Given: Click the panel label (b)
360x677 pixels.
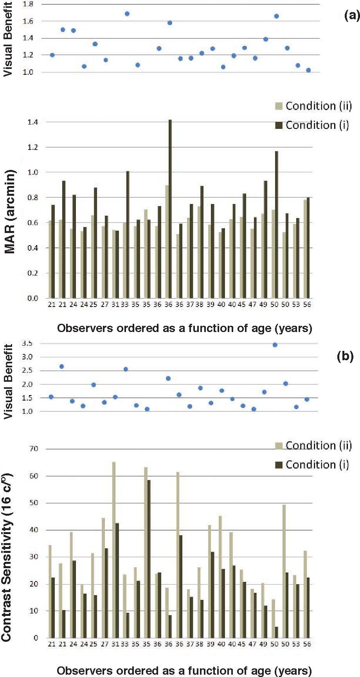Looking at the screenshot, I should coord(345,356).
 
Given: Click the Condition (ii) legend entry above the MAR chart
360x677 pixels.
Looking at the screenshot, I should coord(313,106).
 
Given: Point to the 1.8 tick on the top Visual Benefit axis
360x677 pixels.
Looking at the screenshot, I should coord(28,4).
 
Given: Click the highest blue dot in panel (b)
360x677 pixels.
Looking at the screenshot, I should coord(275,345).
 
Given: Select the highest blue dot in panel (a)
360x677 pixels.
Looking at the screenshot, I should coord(127,14).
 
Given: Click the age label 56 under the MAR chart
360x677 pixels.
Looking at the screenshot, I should coord(307,304).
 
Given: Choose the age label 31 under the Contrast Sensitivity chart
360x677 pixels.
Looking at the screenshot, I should coord(115,644).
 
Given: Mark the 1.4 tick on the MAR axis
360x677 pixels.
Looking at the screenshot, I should coord(33,122).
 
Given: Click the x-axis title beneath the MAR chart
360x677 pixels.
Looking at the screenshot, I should coord(184,328).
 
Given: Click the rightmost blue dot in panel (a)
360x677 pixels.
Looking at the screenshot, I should coord(308,70).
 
